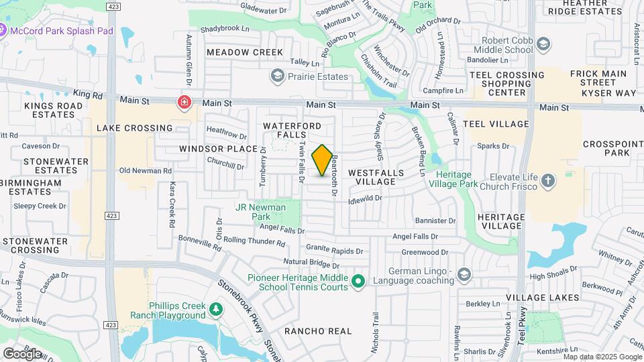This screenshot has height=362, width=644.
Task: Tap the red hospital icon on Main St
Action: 183,103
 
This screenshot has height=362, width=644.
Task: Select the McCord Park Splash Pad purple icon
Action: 3,30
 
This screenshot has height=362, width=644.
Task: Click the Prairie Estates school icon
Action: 276,76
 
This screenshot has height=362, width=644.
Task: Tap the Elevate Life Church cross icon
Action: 549,180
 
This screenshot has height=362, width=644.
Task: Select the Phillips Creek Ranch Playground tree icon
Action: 215,310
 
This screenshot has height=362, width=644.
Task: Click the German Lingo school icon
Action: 464,274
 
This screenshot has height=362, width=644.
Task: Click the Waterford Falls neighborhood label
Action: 297,131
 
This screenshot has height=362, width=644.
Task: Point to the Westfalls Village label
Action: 376,177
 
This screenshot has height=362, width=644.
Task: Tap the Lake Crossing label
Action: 134,127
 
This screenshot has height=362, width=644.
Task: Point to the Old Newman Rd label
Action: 146,171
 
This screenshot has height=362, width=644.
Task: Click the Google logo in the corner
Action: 22,353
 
